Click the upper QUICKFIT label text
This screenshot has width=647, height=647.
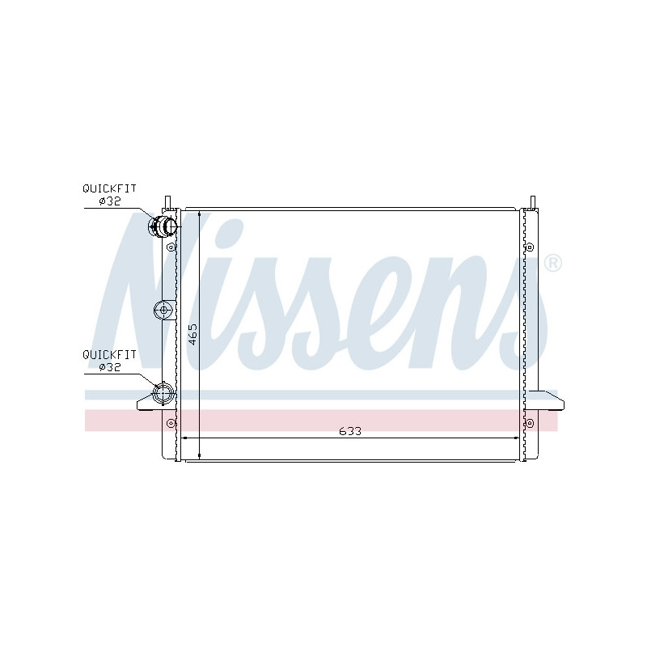(x=109, y=188)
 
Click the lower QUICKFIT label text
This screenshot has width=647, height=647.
(x=109, y=354)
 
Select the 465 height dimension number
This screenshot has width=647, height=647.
(x=192, y=333)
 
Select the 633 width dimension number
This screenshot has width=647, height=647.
(x=349, y=431)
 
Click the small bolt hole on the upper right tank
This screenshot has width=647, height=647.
(x=530, y=247)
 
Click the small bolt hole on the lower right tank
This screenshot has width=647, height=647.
(x=530, y=422)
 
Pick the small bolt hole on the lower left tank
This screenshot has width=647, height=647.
(x=171, y=423)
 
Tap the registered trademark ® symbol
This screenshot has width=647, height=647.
(x=553, y=263)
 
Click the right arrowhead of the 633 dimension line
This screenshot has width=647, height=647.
(x=518, y=438)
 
